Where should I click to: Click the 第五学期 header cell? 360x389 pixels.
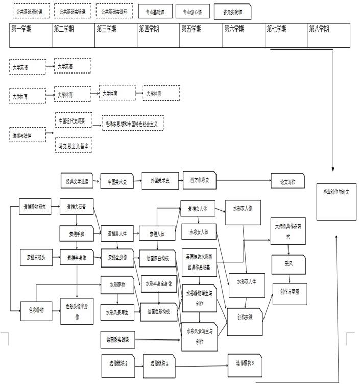pos(201,35)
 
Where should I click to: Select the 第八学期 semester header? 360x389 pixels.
pos(328,35)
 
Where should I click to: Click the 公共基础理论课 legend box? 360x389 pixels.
pos(31,11)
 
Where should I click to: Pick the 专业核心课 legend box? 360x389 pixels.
pos(193,11)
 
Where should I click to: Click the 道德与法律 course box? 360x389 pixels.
pos(28,135)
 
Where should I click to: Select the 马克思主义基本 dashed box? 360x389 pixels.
pos(74,146)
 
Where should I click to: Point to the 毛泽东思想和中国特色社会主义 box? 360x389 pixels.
pos(133,123)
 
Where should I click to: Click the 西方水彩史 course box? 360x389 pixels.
pos(200,180)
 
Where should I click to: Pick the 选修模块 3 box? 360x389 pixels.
pos(246,363)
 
